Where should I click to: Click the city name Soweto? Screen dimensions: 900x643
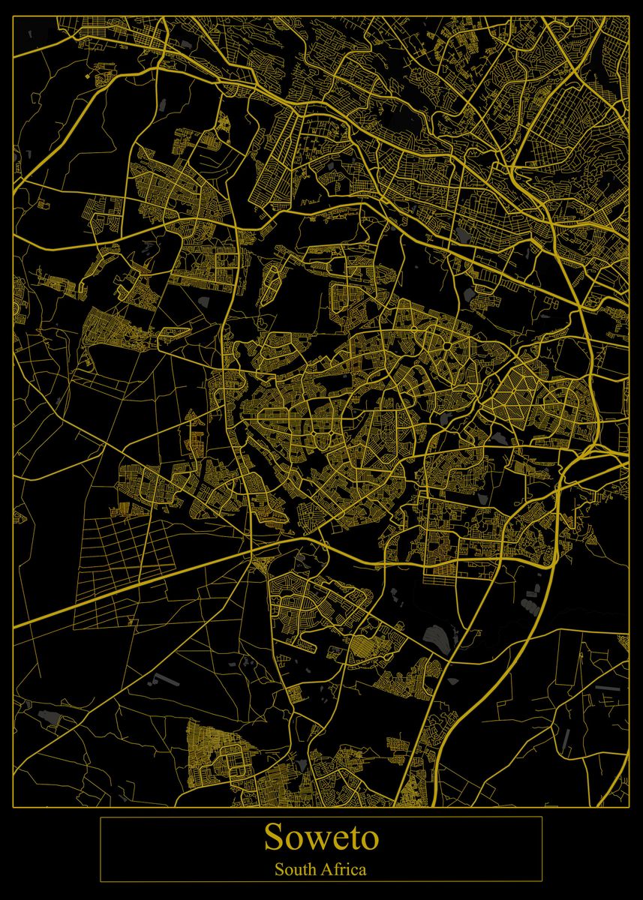coord(321,838)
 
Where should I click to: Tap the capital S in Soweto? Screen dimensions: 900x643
coord(274,838)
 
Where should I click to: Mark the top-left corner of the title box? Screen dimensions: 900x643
coord(101,817)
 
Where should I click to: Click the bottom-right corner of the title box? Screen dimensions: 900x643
coord(542,881)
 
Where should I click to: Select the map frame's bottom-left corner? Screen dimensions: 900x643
coord(14,807)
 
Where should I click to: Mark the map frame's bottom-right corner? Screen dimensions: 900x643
coord(629,807)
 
